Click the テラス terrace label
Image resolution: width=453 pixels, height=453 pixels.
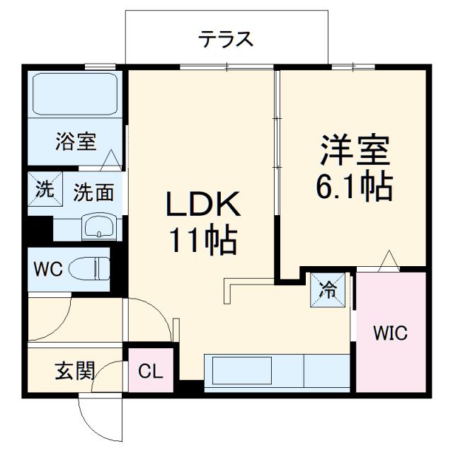226,40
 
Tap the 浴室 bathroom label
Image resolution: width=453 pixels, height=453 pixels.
76,142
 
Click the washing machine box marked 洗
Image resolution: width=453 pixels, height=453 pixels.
44,190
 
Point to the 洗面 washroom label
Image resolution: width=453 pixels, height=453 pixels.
93,192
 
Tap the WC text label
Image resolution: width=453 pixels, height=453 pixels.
48,269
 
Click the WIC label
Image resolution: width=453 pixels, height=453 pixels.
391,333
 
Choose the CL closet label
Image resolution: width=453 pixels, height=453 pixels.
150,370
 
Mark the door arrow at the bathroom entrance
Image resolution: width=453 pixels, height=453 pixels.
111,161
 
